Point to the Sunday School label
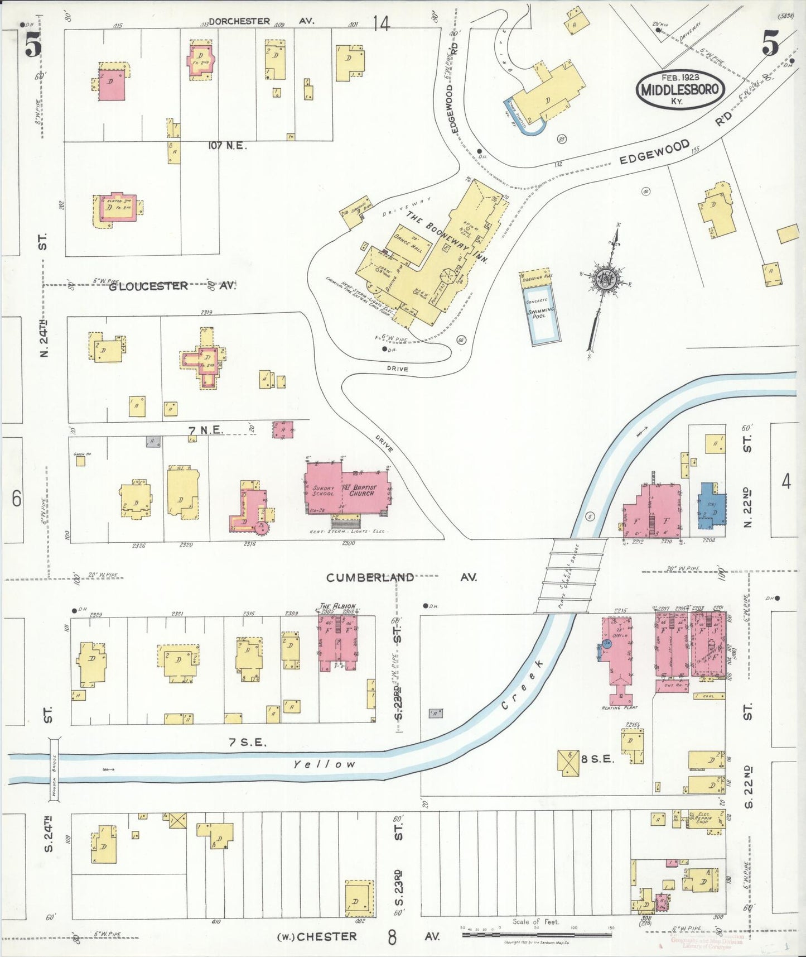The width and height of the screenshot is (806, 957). [323, 491]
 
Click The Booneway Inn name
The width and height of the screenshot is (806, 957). [446, 237]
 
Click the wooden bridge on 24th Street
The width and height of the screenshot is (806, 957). [55, 768]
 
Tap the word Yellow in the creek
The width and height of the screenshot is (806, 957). [324, 764]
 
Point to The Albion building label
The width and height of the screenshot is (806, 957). [337, 606]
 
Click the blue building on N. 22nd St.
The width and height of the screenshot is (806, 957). [712, 505]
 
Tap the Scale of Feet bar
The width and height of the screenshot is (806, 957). [537, 934]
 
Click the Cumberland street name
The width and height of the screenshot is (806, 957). [370, 577]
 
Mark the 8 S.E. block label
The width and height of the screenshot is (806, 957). [597, 759]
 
